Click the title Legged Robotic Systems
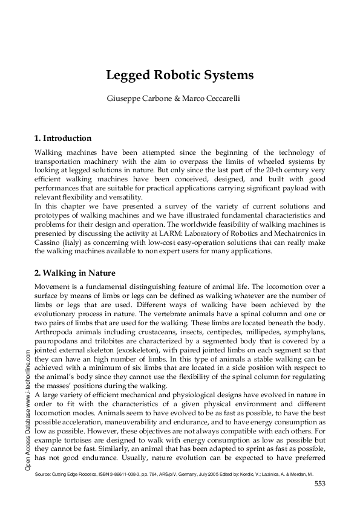[x=180, y=76]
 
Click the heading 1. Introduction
[x=63, y=138]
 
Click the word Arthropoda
[x=54, y=332]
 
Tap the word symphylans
[x=302, y=332]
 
